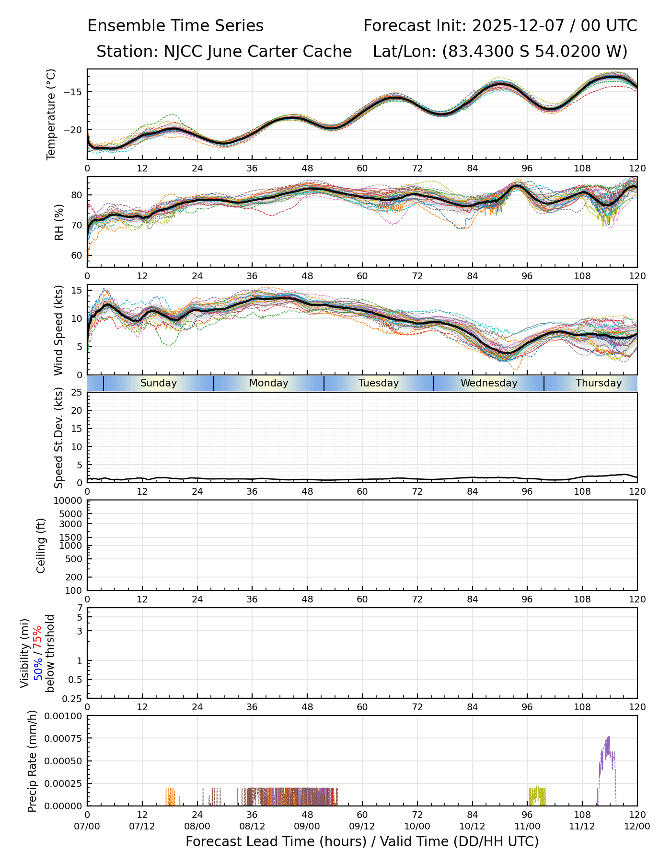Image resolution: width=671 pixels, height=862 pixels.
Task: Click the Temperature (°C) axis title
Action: tap(51, 114)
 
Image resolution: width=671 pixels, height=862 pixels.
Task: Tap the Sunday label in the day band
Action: tap(159, 383)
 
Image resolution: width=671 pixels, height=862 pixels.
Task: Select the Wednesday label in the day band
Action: tap(489, 383)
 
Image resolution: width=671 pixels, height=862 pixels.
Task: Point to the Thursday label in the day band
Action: tap(599, 383)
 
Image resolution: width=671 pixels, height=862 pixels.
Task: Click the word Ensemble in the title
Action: tap(122, 26)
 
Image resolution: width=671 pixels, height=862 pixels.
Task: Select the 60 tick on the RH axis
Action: tap(77, 255)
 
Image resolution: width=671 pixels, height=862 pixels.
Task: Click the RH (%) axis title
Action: tap(59, 222)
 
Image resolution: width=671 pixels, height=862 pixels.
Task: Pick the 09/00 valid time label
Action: tap(307, 826)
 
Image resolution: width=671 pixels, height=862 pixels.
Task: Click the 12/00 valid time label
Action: tap(637, 826)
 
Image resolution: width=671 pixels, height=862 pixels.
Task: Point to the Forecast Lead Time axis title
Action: tap(362, 841)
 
